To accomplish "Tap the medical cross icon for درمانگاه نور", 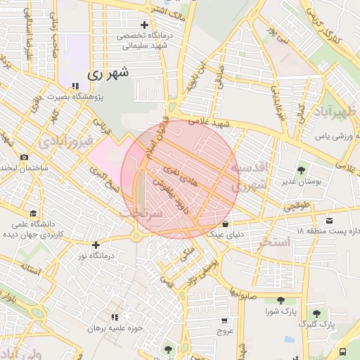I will pyautogui.click(x=96, y=245).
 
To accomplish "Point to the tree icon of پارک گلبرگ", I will pyautogui.click(x=316, y=314).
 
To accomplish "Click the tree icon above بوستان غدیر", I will pyautogui.click(x=301, y=169).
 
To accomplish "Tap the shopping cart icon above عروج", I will pyautogui.click(x=224, y=320).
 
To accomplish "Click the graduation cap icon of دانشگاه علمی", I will pyautogui.click(x=32, y=213).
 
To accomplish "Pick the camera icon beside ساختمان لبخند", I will pyautogui.click(x=24, y=157).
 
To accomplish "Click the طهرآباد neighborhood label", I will pyautogui.click(x=335, y=112).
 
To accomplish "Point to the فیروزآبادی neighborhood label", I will pyautogui.click(x=66, y=142).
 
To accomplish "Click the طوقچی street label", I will pyautogui.click(x=295, y=208).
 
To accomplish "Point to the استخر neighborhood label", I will pyautogui.click(x=275, y=242).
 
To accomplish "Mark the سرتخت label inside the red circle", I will pyautogui.click(x=142, y=212).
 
